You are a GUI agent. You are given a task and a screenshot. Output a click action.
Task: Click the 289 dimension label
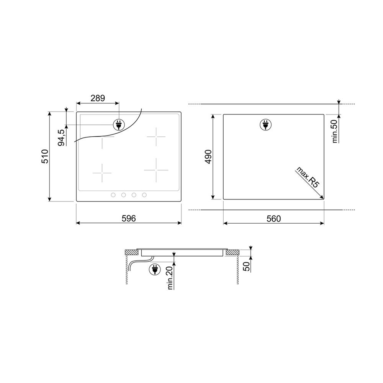point(98,98)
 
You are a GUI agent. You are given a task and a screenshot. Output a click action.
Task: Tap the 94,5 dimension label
point(62,138)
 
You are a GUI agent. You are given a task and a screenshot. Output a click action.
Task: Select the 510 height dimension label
point(45,156)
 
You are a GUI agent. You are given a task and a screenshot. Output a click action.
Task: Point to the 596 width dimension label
point(129,218)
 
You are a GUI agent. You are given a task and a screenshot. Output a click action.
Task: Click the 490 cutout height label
point(208,157)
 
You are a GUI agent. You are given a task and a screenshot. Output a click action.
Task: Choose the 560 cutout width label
point(274,219)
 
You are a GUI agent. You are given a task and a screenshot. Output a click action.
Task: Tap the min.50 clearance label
point(335,131)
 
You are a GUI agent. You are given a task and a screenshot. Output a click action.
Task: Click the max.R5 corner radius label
point(308,177)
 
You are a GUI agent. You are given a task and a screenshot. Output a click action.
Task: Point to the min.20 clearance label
point(170,278)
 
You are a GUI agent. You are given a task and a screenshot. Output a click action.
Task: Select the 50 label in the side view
point(247,267)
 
